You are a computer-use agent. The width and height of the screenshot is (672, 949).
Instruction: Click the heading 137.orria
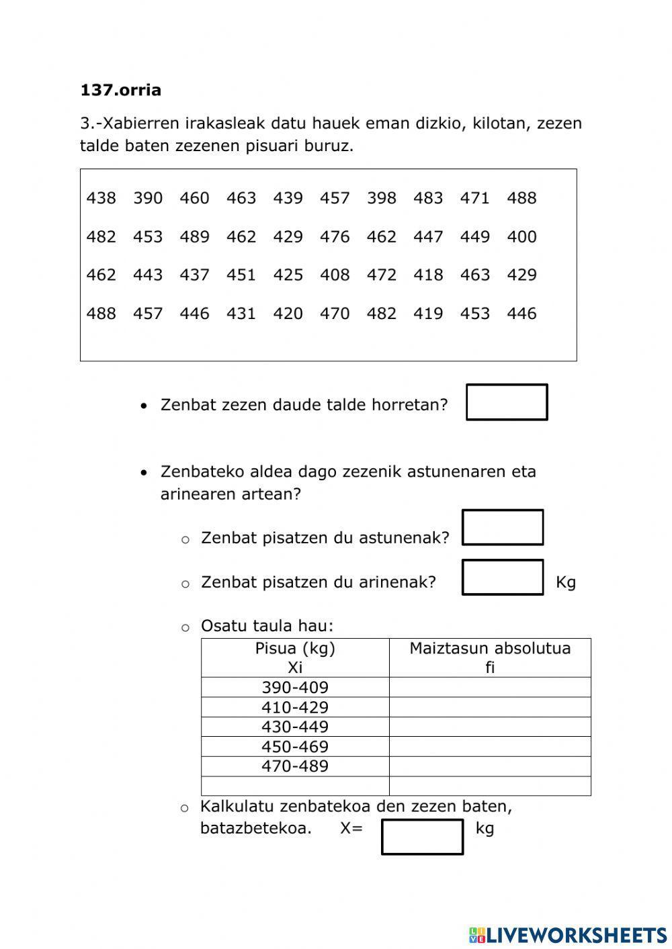click(120, 90)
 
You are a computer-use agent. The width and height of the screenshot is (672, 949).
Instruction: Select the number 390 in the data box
click(148, 198)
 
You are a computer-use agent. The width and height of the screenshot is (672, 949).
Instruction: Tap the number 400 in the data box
click(521, 236)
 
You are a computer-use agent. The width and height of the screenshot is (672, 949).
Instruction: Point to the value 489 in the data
click(194, 236)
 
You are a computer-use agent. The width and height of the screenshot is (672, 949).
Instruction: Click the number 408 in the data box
click(335, 275)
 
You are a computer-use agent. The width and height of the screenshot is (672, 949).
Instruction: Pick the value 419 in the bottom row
click(428, 314)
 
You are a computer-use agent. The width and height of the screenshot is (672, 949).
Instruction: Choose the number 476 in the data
click(335, 236)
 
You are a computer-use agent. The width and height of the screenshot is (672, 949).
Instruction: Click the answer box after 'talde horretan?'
click(507, 402)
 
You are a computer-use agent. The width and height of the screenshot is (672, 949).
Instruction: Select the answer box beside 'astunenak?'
click(503, 527)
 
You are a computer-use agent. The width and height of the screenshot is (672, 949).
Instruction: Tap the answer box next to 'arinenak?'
click(503, 578)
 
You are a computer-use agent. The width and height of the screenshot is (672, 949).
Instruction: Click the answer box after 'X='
click(422, 837)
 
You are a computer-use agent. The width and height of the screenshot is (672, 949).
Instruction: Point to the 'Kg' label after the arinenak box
click(566, 582)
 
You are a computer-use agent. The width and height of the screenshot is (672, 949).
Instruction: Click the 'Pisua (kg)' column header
click(295, 649)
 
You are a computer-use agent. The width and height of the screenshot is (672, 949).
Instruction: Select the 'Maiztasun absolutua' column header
click(490, 649)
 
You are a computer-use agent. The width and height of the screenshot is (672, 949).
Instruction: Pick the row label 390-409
click(295, 688)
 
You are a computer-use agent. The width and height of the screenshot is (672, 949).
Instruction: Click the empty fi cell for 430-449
click(490, 727)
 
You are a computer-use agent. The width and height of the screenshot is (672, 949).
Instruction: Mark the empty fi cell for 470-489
click(490, 766)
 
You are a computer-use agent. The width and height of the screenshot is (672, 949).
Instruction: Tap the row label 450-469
click(295, 747)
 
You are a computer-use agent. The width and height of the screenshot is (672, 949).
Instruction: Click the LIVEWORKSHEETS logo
click(568, 934)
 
